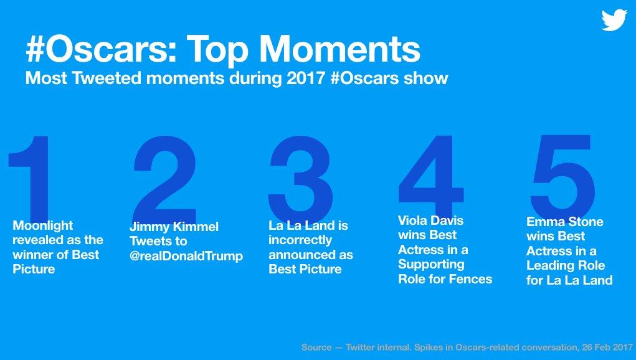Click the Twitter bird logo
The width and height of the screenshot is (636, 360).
pos(614,20)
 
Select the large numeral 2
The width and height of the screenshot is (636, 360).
pos(164,179)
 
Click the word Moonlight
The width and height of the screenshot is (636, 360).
pos(42,225)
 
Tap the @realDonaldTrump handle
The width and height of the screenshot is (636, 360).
pos(186,256)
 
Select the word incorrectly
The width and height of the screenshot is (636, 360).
pos(300,240)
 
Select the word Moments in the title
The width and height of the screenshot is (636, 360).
pos(340,49)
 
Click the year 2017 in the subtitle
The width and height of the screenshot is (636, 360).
pos(306,78)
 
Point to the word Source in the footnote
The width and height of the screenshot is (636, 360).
pos(316,348)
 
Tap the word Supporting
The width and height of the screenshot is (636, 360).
pos(431,264)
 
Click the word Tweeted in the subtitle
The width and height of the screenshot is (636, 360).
pos(107,78)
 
